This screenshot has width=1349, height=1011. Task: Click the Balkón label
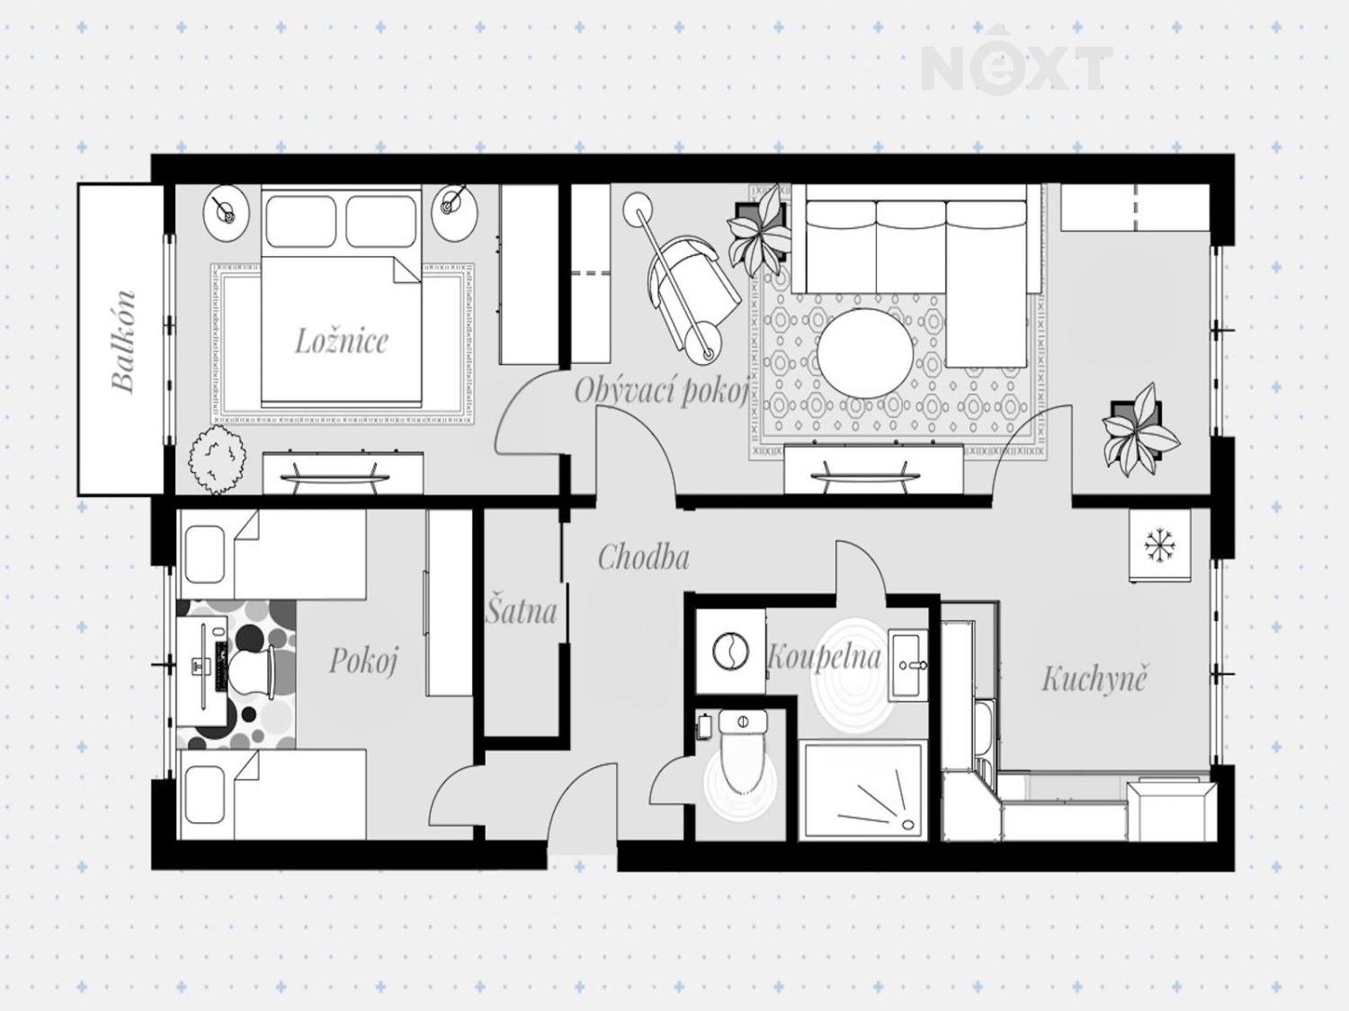[123, 341]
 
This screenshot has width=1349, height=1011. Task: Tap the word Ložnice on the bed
[342, 341]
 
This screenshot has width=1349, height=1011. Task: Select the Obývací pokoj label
[660, 391]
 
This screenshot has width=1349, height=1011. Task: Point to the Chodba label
[643, 557]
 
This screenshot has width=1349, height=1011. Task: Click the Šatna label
[521, 611]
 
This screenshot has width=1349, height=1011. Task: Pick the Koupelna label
[824, 658]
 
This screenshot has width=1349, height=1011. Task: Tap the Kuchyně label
[1094, 678]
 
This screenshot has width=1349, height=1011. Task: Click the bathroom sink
[908, 665]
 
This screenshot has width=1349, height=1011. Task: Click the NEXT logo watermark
[1016, 68]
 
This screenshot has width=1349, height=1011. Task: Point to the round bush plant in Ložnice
[219, 461]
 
